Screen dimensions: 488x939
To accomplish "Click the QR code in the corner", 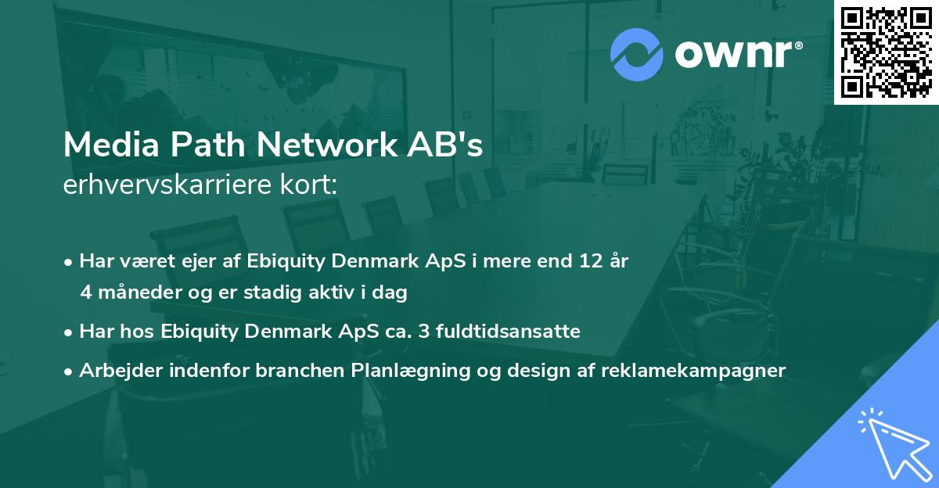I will coord(886,52).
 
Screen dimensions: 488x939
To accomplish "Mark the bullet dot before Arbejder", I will coord(69,371).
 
